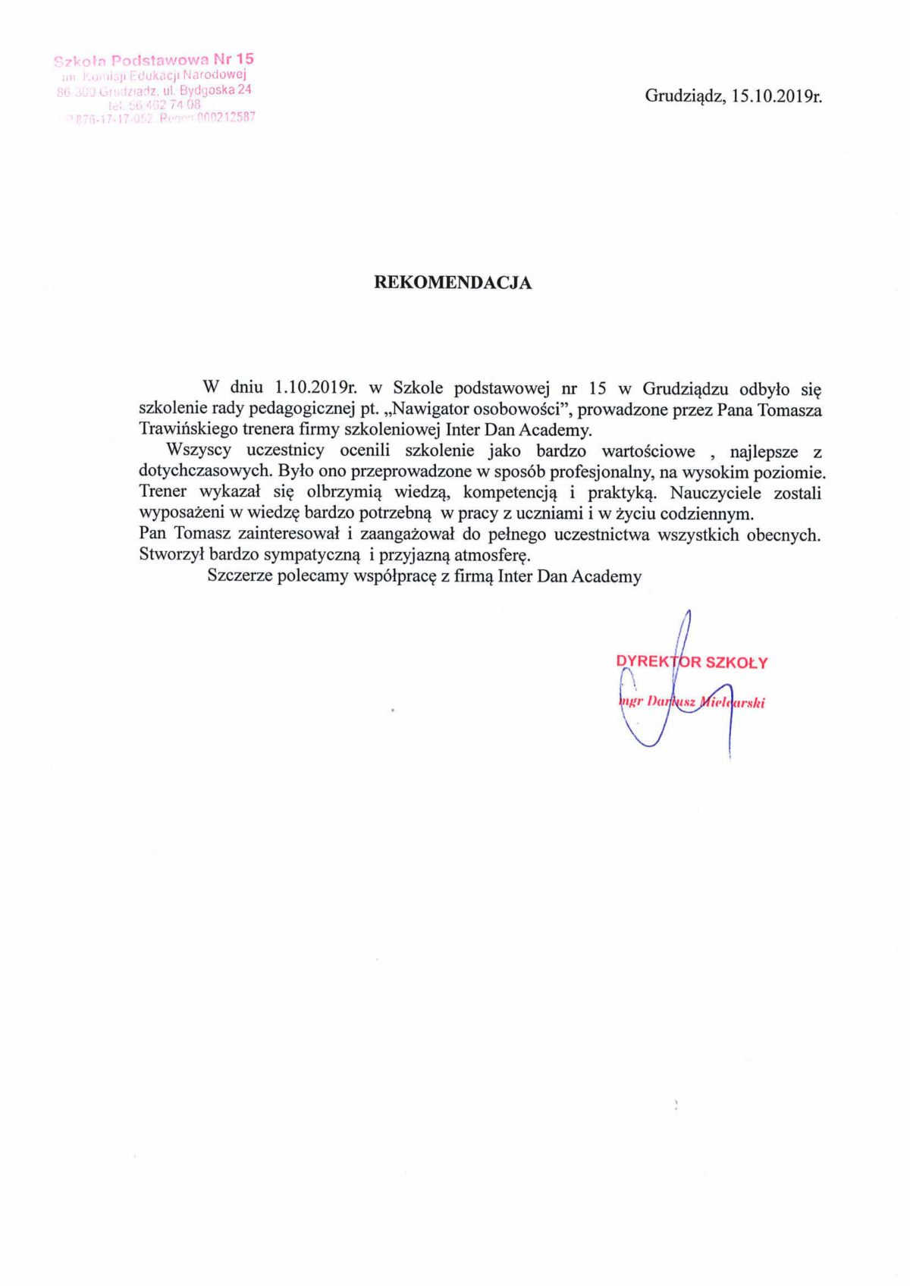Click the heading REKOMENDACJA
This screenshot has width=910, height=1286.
(453, 283)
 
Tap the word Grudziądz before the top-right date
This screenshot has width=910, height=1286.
(686, 96)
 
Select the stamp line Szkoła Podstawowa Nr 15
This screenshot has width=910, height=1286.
(154, 60)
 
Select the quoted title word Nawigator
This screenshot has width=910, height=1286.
(431, 409)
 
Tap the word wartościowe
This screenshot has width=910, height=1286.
(648, 451)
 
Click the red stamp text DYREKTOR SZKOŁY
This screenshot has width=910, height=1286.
(692, 662)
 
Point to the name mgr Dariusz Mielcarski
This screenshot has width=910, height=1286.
(692, 702)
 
